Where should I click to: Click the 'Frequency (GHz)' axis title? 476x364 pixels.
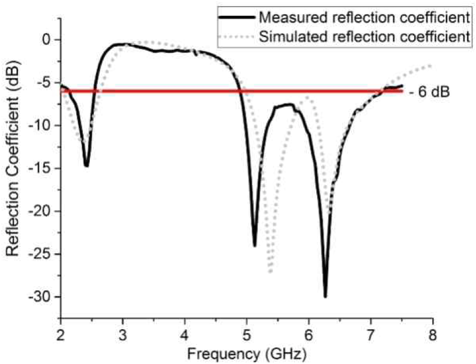point(246,354)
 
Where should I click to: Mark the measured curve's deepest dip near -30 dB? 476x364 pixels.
point(325,296)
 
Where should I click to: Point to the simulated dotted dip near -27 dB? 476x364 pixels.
point(270,272)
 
